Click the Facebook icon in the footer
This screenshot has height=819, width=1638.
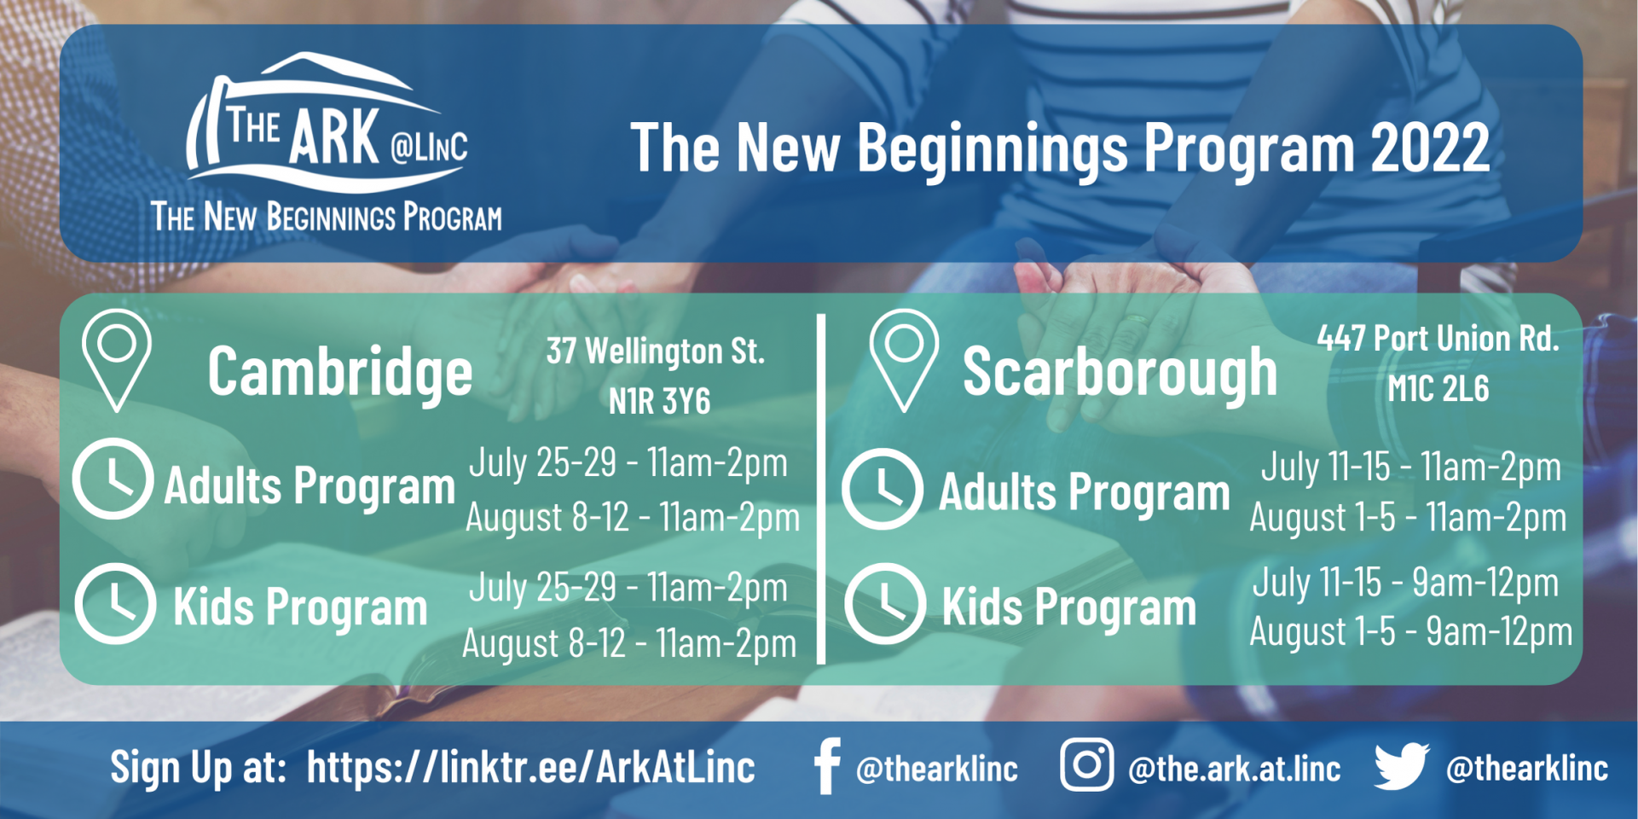click(826, 766)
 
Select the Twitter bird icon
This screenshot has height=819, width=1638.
click(1401, 765)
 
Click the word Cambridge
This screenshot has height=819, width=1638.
click(339, 372)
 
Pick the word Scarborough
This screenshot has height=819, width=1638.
click(1120, 372)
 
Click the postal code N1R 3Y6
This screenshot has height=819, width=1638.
click(659, 401)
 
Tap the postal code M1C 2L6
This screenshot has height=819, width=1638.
click(1438, 389)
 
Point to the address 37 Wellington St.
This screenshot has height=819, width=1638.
click(656, 351)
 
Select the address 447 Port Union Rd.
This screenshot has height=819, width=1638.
click(1438, 339)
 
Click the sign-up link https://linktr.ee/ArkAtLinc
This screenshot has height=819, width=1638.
click(530, 767)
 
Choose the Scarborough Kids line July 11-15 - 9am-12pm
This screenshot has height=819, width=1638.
click(1405, 583)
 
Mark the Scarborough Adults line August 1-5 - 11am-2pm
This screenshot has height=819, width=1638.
click(1408, 517)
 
